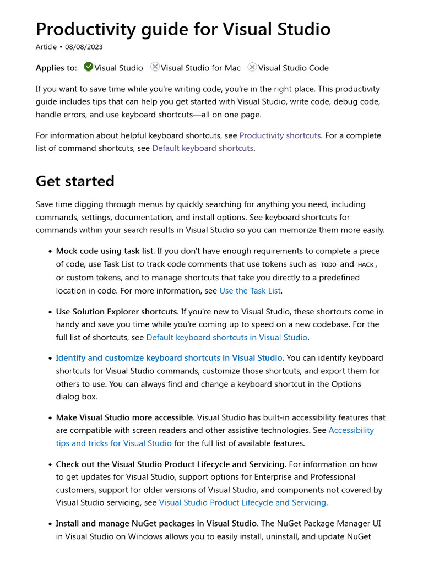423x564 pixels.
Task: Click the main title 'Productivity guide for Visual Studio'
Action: click(183, 29)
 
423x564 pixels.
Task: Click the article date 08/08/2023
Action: click(84, 47)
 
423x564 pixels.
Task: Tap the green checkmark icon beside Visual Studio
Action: click(88, 67)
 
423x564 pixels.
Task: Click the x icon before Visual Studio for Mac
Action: click(155, 67)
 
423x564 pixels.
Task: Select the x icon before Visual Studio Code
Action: click(252, 67)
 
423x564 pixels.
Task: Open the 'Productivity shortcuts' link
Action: click(280, 135)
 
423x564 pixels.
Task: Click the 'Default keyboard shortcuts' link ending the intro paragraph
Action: click(203, 148)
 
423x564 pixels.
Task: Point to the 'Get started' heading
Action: click(75, 181)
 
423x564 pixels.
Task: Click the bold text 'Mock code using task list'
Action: click(105, 251)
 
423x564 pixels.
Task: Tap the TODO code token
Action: click(328, 264)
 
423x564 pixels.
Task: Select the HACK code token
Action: click(366, 264)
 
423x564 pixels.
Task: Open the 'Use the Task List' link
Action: click(250, 291)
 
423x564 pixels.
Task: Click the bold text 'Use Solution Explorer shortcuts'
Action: click(116, 312)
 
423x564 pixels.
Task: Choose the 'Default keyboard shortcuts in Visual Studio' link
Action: click(226, 337)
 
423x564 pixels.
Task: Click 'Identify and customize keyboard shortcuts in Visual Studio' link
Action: click(169, 358)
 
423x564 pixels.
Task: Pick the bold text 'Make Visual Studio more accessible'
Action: click(124, 417)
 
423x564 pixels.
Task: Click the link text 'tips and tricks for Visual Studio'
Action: click(113, 443)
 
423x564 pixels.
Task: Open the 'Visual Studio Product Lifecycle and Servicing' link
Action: click(242, 502)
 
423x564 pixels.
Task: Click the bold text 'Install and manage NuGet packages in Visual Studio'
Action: click(156, 523)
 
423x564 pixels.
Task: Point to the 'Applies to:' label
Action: click(56, 68)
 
